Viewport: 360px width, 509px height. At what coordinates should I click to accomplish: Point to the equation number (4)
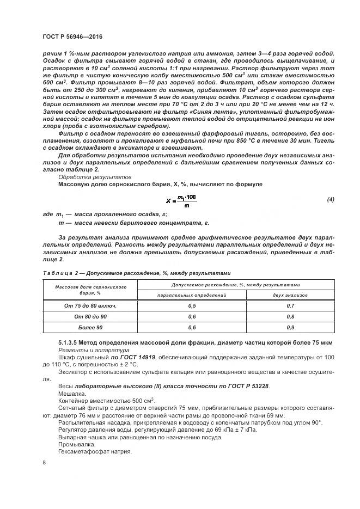330,200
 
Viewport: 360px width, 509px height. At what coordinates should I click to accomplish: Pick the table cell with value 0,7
290,306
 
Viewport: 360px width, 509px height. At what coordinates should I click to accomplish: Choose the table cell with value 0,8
290,317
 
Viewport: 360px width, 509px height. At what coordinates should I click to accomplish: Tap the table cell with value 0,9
290,328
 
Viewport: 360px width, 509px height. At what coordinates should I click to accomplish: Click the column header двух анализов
290,295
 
